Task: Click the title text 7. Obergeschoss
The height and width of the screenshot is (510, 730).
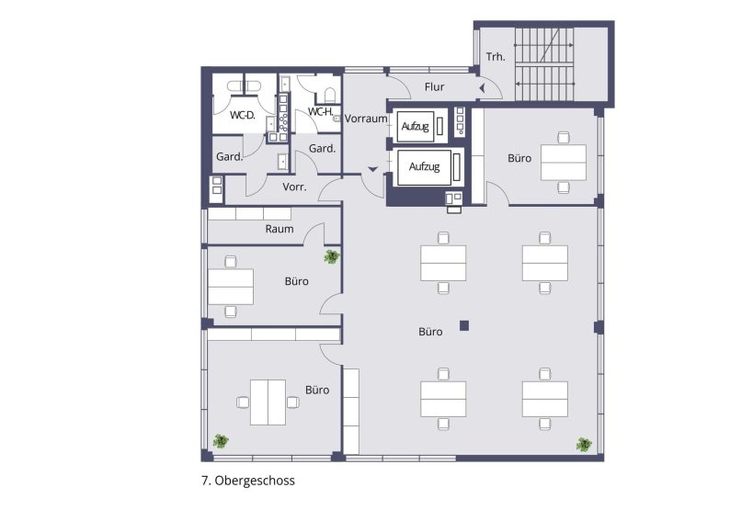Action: (x=247, y=480)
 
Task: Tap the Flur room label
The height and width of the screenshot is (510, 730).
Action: (x=435, y=87)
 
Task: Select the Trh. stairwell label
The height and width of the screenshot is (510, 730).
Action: (x=496, y=56)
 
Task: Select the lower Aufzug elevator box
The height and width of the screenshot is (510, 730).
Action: (x=424, y=167)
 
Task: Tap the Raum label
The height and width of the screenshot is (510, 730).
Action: (x=279, y=229)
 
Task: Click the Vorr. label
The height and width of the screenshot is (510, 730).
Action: (x=294, y=187)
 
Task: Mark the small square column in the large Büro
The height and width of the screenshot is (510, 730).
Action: (x=465, y=324)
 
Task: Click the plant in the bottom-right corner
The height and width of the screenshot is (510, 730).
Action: (x=584, y=445)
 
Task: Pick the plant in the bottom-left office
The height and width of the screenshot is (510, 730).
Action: (x=221, y=441)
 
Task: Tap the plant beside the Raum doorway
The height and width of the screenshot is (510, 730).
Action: (x=331, y=256)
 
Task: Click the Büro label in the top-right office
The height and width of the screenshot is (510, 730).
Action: (x=519, y=158)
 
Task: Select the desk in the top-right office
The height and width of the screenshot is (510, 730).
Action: (x=563, y=162)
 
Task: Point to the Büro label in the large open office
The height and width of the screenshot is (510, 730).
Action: (x=430, y=332)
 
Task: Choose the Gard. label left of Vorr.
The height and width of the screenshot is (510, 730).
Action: (x=229, y=157)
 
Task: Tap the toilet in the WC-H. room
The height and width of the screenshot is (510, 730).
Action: (x=328, y=94)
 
